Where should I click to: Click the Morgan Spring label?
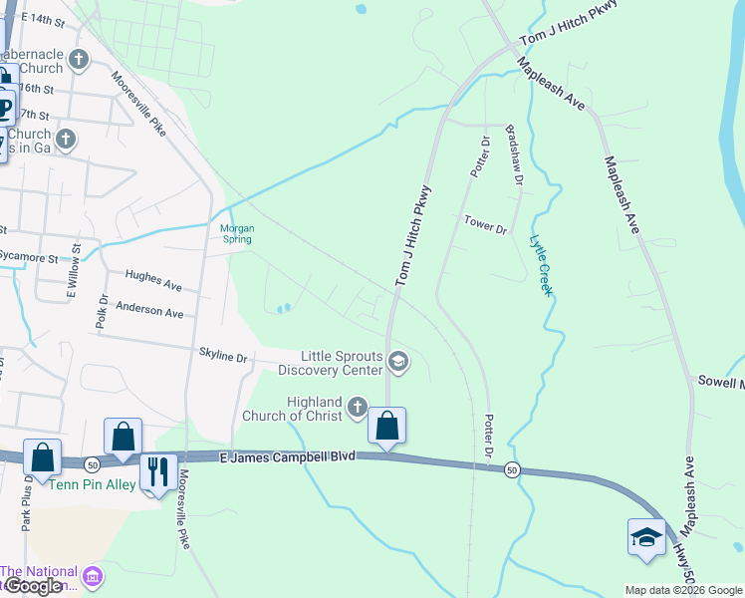tap(237, 233)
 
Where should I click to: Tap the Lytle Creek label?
tap(540, 265)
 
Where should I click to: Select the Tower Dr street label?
tap(486, 224)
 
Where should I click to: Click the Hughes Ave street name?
tap(153, 280)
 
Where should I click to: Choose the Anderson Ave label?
tap(149, 310)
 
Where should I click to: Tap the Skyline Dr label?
tap(223, 354)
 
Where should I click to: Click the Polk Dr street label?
tap(103, 311)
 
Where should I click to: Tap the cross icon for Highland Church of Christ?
tap(359, 408)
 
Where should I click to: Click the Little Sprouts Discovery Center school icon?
tap(397, 362)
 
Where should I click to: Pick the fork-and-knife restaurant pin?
tap(157, 471)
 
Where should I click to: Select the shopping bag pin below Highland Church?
tap(386, 426)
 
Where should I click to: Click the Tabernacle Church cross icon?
tap(79, 62)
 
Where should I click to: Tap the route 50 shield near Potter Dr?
tap(512, 470)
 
